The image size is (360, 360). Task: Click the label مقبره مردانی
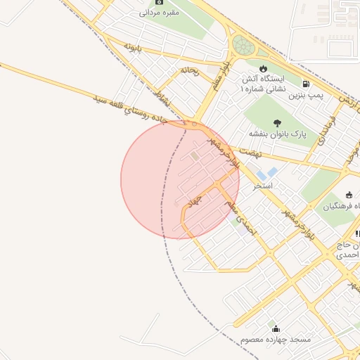tap(160, 13)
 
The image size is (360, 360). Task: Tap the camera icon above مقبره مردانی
tap(159, 2)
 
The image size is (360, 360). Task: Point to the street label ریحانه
tap(190, 70)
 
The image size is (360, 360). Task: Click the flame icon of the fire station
tap(263, 68)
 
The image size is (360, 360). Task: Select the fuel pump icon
tap(304, 83)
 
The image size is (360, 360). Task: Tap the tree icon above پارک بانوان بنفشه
tap(275, 122)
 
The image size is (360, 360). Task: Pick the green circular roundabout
tap(243, 46)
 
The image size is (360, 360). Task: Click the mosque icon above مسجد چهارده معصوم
tap(274, 328)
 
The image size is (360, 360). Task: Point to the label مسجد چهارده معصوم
tap(275, 340)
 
